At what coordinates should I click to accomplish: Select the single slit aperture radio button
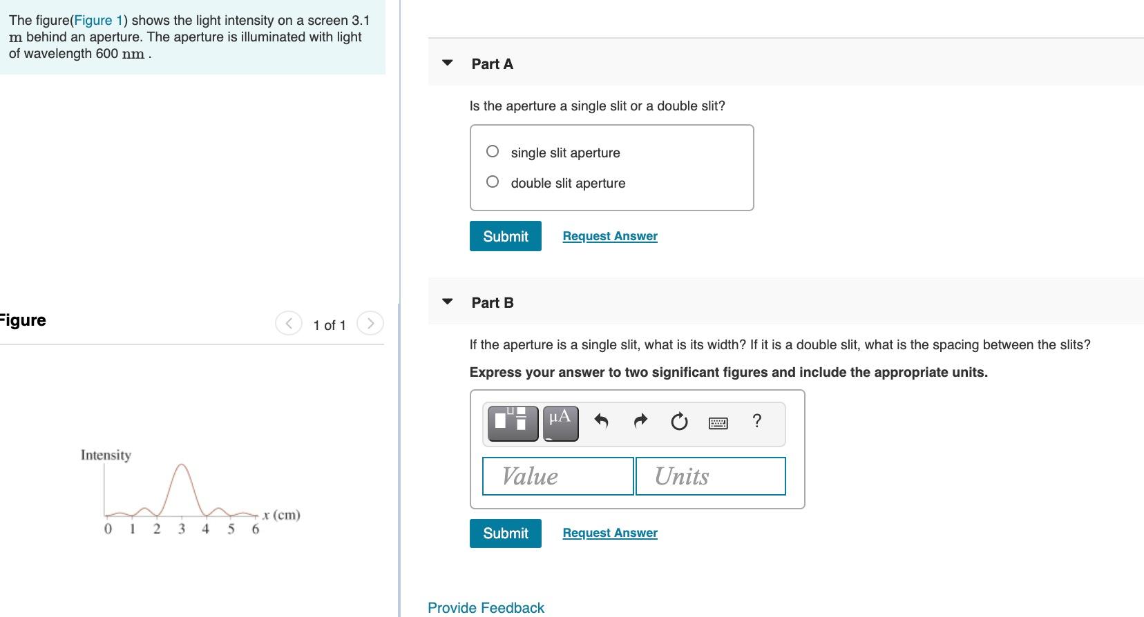pos(493,152)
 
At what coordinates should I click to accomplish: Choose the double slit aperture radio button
pos(493,182)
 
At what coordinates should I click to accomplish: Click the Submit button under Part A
pos(505,236)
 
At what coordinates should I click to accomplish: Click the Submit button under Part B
pos(505,533)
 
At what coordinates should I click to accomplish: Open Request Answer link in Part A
pos(610,236)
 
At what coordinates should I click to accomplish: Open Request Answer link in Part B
pos(610,533)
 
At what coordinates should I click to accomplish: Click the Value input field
pos(557,476)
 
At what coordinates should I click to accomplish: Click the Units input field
pos(710,476)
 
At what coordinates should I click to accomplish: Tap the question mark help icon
pos(757,421)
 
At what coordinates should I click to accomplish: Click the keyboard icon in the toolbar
pos(718,422)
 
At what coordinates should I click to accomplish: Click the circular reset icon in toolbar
pos(679,422)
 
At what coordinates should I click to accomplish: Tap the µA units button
pos(560,422)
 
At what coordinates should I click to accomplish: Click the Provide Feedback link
pos(486,608)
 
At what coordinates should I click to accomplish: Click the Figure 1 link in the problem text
pos(98,21)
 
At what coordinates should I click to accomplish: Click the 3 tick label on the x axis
pos(182,529)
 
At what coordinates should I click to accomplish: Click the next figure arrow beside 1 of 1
pos(370,324)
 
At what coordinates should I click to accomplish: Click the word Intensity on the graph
pos(106,456)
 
